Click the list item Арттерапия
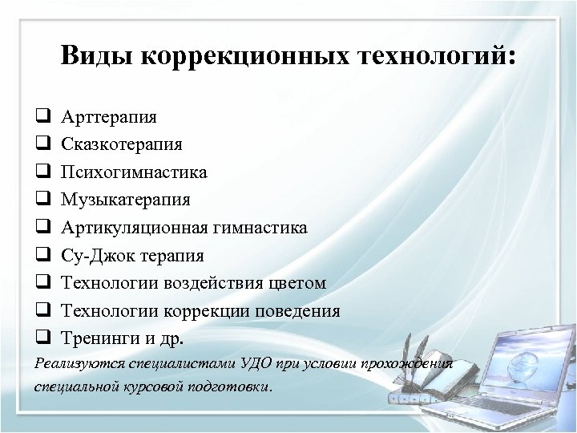(x=109, y=116)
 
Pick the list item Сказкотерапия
(x=121, y=144)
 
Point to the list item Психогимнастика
(x=134, y=172)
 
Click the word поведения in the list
(x=298, y=311)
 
